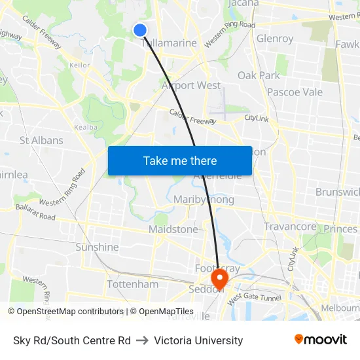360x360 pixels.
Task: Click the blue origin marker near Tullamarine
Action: (140, 29)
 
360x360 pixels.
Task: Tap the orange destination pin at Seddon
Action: (219, 279)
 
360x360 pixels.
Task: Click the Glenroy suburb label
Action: (275, 39)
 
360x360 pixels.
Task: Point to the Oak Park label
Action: (259, 75)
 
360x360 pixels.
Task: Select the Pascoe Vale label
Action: (295, 92)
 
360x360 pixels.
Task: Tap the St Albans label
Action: (41, 140)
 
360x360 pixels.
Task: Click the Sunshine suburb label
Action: (97, 247)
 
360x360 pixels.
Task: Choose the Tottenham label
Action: (132, 285)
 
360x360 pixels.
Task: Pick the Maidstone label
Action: (173, 230)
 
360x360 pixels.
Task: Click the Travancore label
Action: (290, 226)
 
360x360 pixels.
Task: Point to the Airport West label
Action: (191, 86)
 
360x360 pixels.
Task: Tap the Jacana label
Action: (243, 3)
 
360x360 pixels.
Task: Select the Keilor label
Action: (79, 65)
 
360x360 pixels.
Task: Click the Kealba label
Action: (86, 127)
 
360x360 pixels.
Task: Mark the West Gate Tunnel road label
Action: (254, 297)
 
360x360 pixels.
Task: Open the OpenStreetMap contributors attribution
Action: (65, 312)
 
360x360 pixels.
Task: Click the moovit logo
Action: (321, 340)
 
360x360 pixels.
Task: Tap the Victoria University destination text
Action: (199, 340)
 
